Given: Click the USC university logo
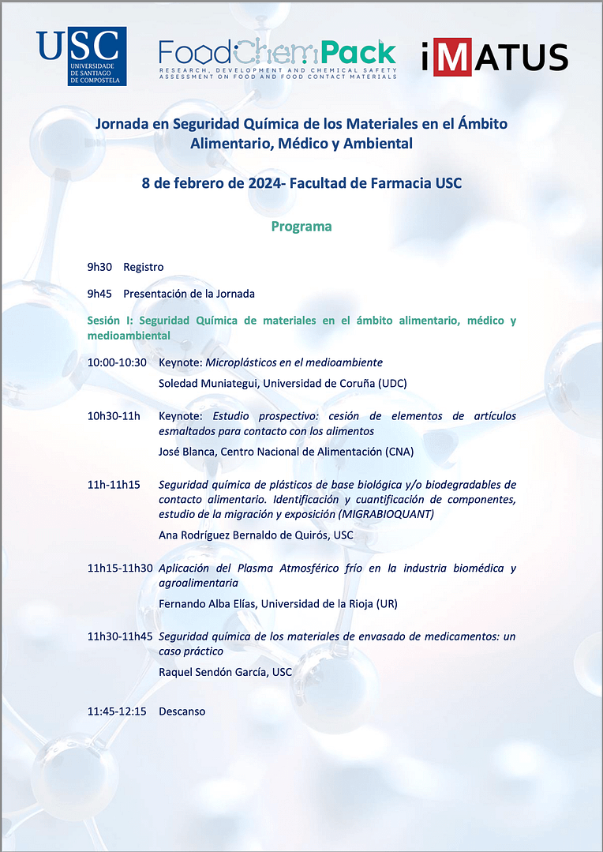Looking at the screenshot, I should click(81, 56).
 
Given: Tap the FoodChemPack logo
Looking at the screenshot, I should click(277, 56).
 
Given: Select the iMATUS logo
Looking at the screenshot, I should click(494, 57).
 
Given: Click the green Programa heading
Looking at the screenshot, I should click(301, 227).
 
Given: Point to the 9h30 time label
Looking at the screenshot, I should click(99, 267).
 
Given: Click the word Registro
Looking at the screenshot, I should click(144, 267).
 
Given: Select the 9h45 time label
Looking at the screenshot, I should click(99, 294).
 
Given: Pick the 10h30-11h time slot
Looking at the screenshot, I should click(114, 416).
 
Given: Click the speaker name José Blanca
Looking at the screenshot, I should click(186, 452).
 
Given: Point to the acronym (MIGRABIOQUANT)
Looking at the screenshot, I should click(385, 514).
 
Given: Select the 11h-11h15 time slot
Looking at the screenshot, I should click(114, 484).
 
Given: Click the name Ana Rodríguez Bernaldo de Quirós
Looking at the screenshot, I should click(244, 535).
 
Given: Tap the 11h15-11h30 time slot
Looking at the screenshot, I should click(120, 568).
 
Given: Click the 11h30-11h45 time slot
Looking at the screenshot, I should click(120, 636).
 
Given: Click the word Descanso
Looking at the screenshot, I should click(182, 711).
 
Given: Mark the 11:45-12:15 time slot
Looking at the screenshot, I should click(117, 711).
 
